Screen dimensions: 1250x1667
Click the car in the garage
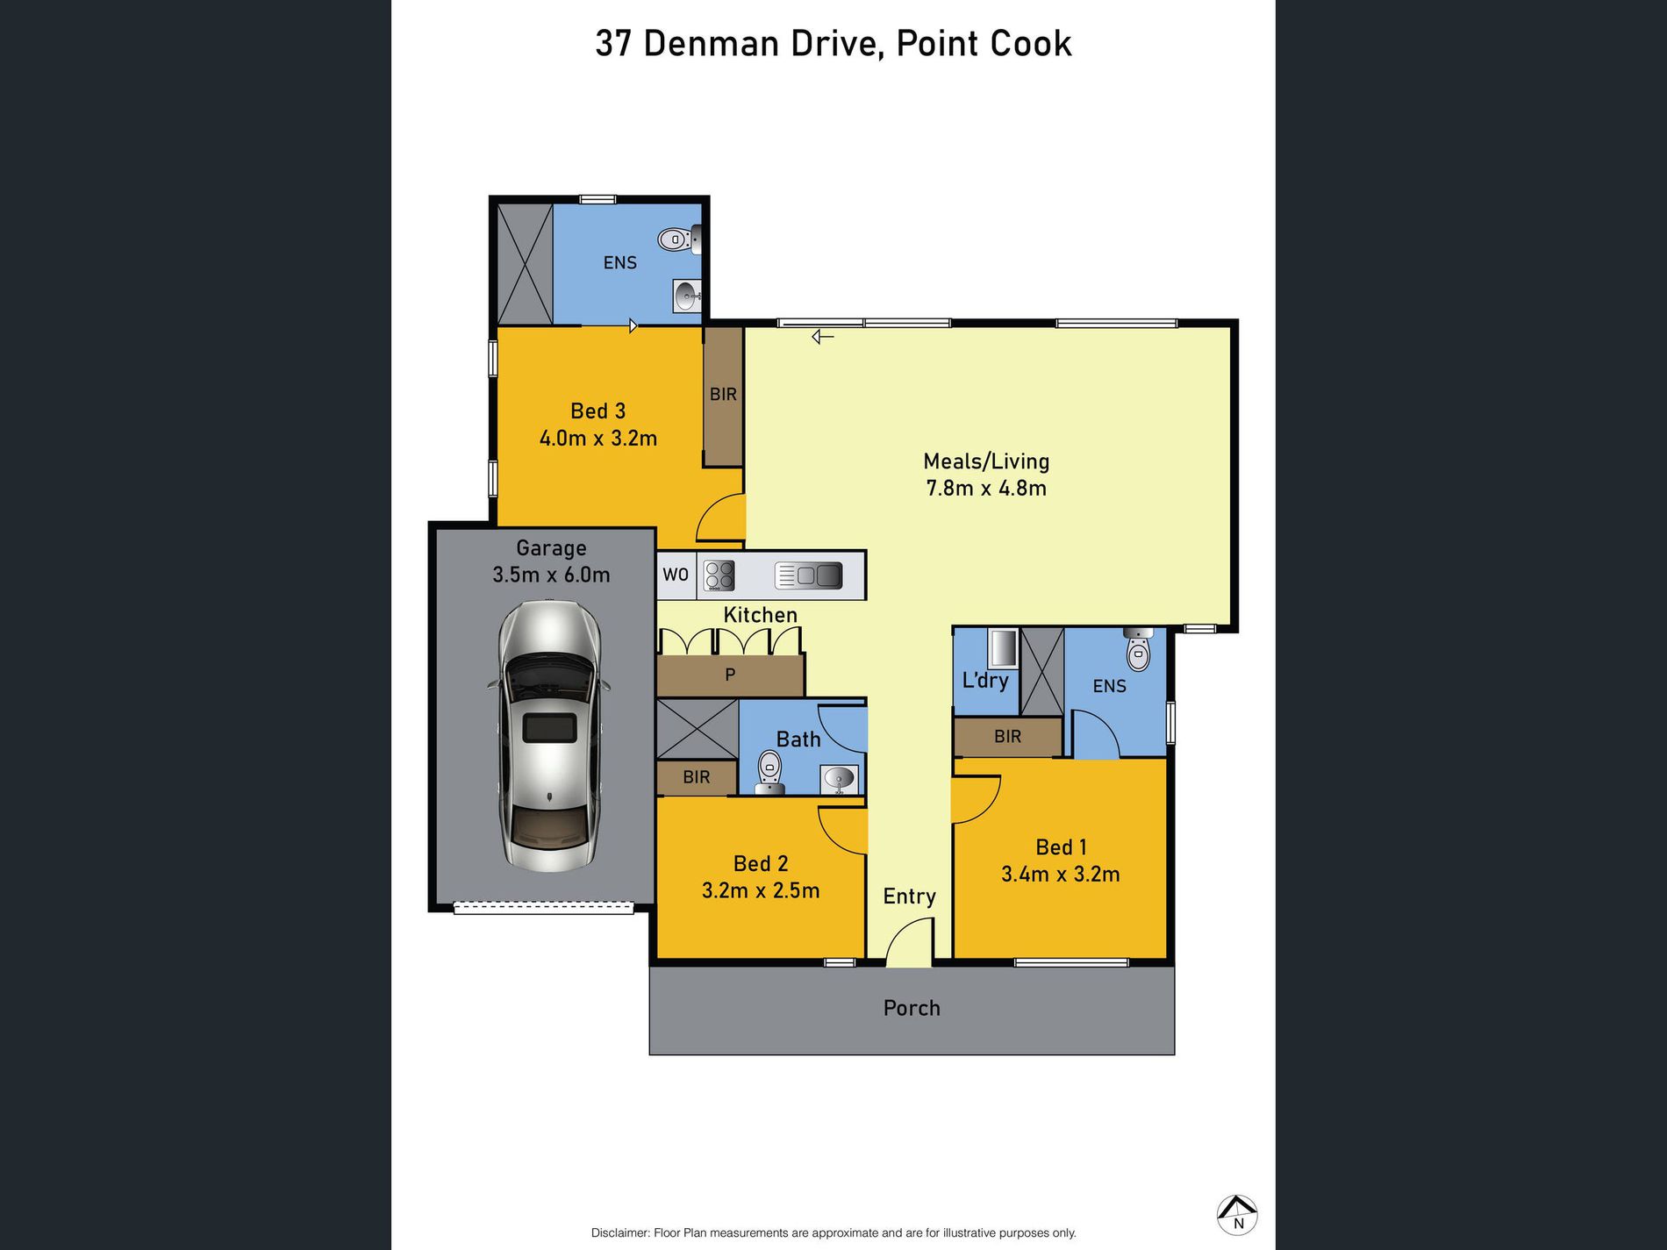pyautogui.click(x=549, y=735)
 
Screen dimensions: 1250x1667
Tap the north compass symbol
pyautogui.click(x=1237, y=1216)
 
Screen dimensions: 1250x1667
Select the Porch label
pyautogui.click(x=912, y=1008)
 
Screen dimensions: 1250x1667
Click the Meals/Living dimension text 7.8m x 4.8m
pyautogui.click(x=986, y=489)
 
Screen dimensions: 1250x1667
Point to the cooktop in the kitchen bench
pyautogui.click(x=719, y=575)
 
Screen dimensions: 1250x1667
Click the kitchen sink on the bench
pyautogui.click(x=809, y=575)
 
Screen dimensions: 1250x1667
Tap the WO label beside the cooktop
pyautogui.click(x=675, y=575)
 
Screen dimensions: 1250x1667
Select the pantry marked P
pyautogui.click(x=730, y=675)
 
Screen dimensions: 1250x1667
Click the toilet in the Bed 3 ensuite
pyautogui.click(x=676, y=239)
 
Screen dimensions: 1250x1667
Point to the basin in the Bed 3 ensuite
pyautogui.click(x=687, y=296)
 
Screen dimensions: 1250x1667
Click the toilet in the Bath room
pyautogui.click(x=769, y=768)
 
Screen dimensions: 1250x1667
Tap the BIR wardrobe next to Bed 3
pyautogui.click(x=723, y=395)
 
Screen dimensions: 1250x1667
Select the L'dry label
pyautogui.click(x=985, y=681)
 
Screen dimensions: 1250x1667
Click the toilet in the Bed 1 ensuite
pyautogui.click(x=1138, y=650)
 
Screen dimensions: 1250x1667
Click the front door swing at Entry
pyautogui.click(x=909, y=943)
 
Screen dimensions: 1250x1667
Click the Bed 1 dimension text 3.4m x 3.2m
pyautogui.click(x=1060, y=875)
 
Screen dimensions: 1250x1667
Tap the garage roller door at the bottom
pyautogui.click(x=543, y=908)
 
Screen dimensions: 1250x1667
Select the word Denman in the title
pyautogui.click(x=711, y=44)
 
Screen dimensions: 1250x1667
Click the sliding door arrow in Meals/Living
pyautogui.click(x=822, y=336)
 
